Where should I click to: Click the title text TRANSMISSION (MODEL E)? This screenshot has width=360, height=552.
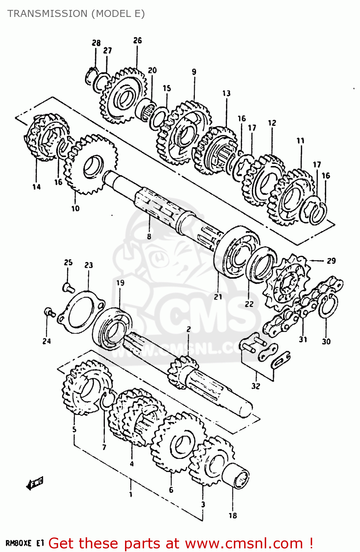[x=76, y=14]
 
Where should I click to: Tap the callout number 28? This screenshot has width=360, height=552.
[x=96, y=43]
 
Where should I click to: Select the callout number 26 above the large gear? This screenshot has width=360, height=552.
[x=137, y=40]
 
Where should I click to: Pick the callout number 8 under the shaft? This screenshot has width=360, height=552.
[x=149, y=236]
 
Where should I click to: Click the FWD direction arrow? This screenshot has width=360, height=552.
[x=35, y=483]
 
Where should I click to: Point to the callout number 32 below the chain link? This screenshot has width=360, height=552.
[x=256, y=386]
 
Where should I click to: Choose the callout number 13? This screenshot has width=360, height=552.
[x=226, y=93]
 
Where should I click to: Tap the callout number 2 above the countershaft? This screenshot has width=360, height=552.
[x=188, y=329]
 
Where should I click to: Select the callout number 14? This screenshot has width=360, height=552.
[x=36, y=187]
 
